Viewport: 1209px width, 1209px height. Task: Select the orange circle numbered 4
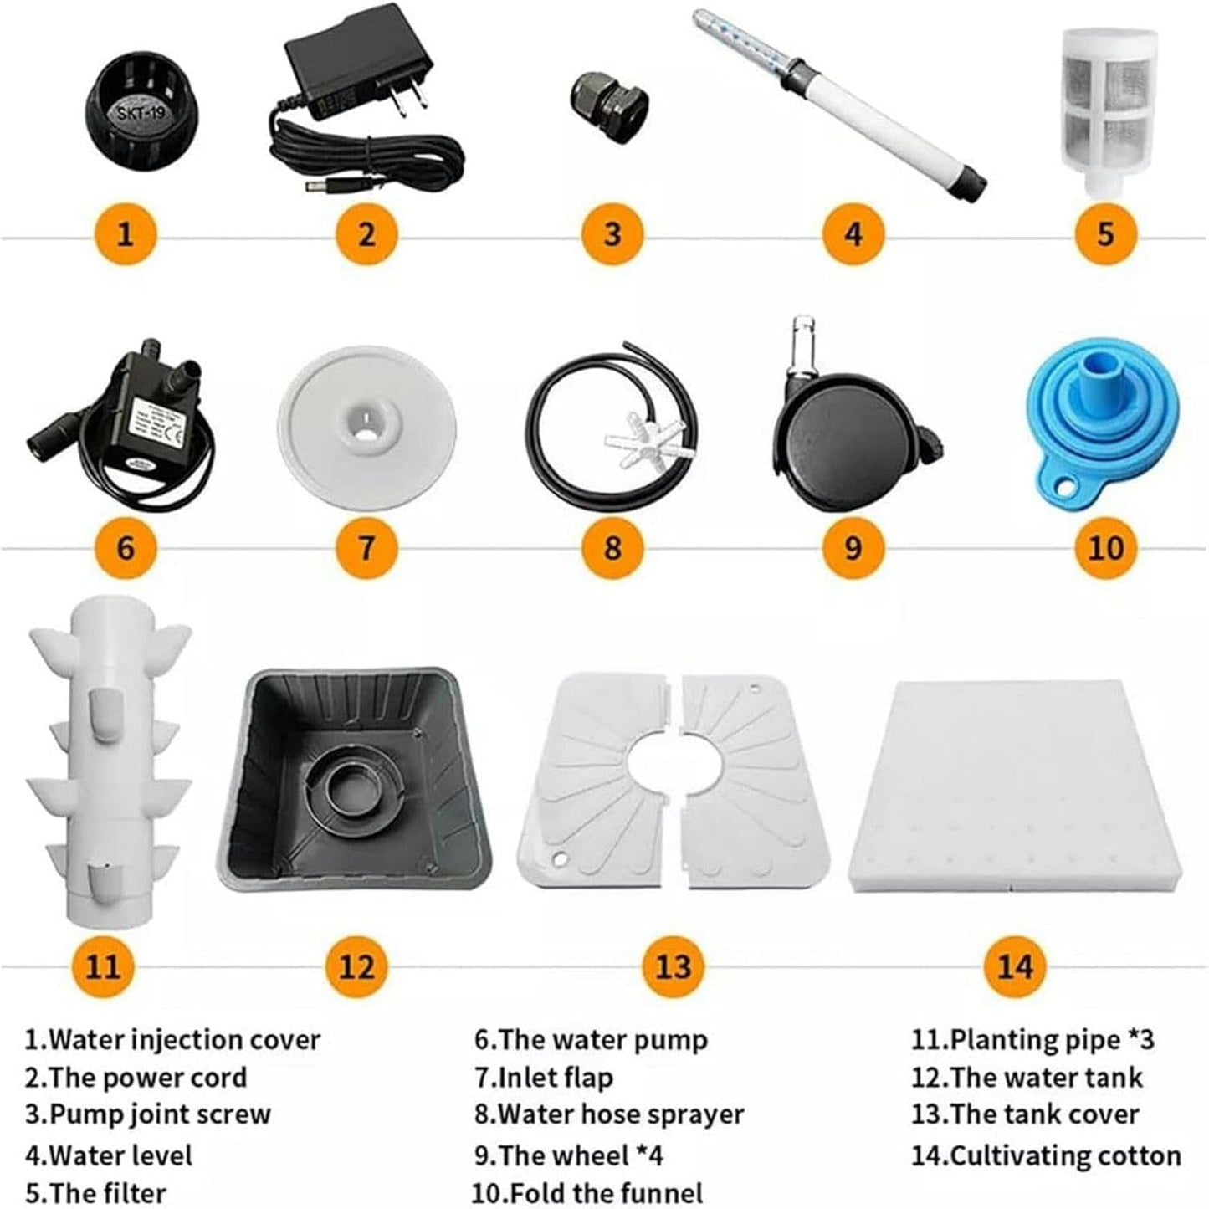point(853,233)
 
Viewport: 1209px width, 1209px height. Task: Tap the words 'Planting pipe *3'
point(1032,1039)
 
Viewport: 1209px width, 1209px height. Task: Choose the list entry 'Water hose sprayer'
point(608,1114)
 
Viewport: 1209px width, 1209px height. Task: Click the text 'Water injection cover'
point(172,1039)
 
